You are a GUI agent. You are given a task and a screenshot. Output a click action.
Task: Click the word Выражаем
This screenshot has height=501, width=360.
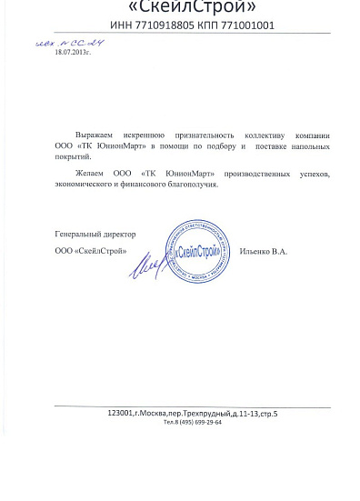95,133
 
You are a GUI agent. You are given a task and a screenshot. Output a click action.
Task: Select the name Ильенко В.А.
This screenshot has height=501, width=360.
265,251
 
